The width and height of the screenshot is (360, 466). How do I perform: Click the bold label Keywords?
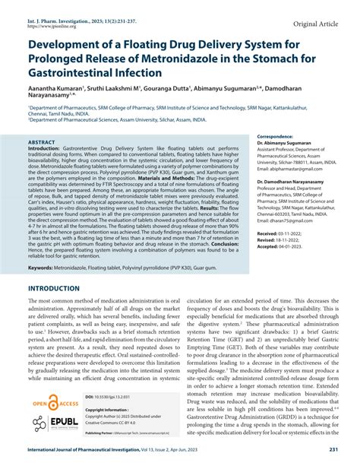[x=44, y=248]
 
